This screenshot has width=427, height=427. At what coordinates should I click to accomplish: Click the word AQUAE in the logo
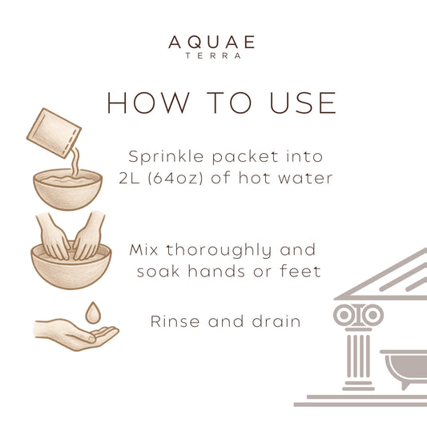click(x=213, y=42)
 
